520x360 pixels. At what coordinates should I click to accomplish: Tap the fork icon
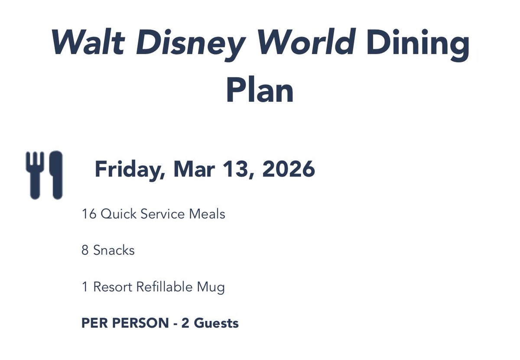click(34, 175)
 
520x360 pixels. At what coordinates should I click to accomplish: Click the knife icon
click(55, 175)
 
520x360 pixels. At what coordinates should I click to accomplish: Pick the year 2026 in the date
click(288, 170)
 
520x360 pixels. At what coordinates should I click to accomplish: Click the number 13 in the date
click(236, 170)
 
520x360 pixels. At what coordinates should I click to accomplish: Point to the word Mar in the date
click(194, 170)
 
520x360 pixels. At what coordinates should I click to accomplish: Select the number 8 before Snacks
click(85, 250)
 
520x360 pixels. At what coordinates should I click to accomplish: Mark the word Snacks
click(114, 250)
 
